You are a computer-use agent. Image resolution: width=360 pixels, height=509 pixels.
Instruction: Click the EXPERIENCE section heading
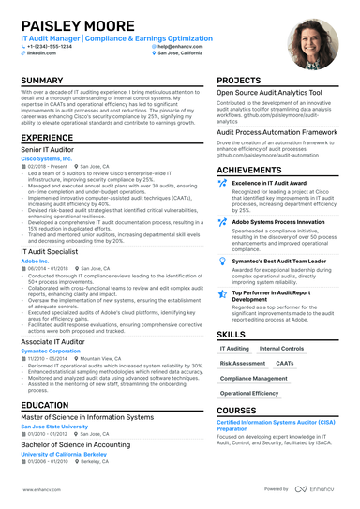point(47,138)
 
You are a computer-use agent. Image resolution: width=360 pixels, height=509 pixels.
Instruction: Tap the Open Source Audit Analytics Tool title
point(263,94)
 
